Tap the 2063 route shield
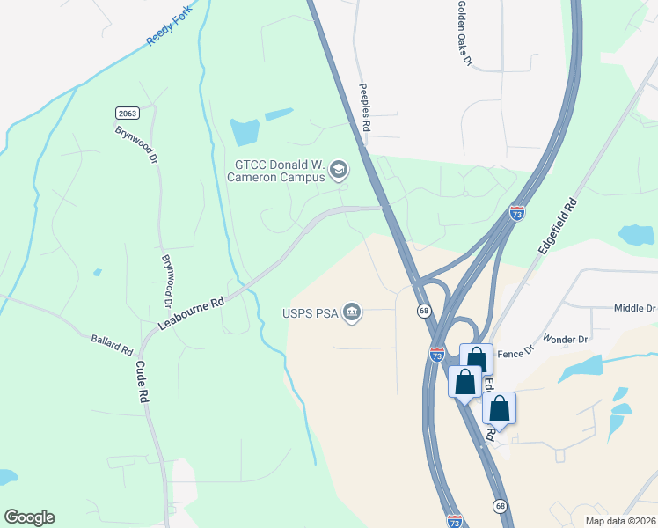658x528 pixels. click(x=127, y=113)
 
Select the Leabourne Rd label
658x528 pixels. click(x=192, y=313)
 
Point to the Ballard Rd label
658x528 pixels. click(x=111, y=344)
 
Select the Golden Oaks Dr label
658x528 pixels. click(x=464, y=33)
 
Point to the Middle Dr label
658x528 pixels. click(x=635, y=309)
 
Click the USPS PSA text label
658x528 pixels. click(x=308, y=312)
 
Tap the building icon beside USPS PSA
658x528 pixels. click(x=352, y=312)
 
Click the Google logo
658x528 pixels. click(x=29, y=517)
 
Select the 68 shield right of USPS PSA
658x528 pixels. click(x=423, y=311)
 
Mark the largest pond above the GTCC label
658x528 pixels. click(x=245, y=132)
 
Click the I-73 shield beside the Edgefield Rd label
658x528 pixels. click(x=517, y=214)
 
